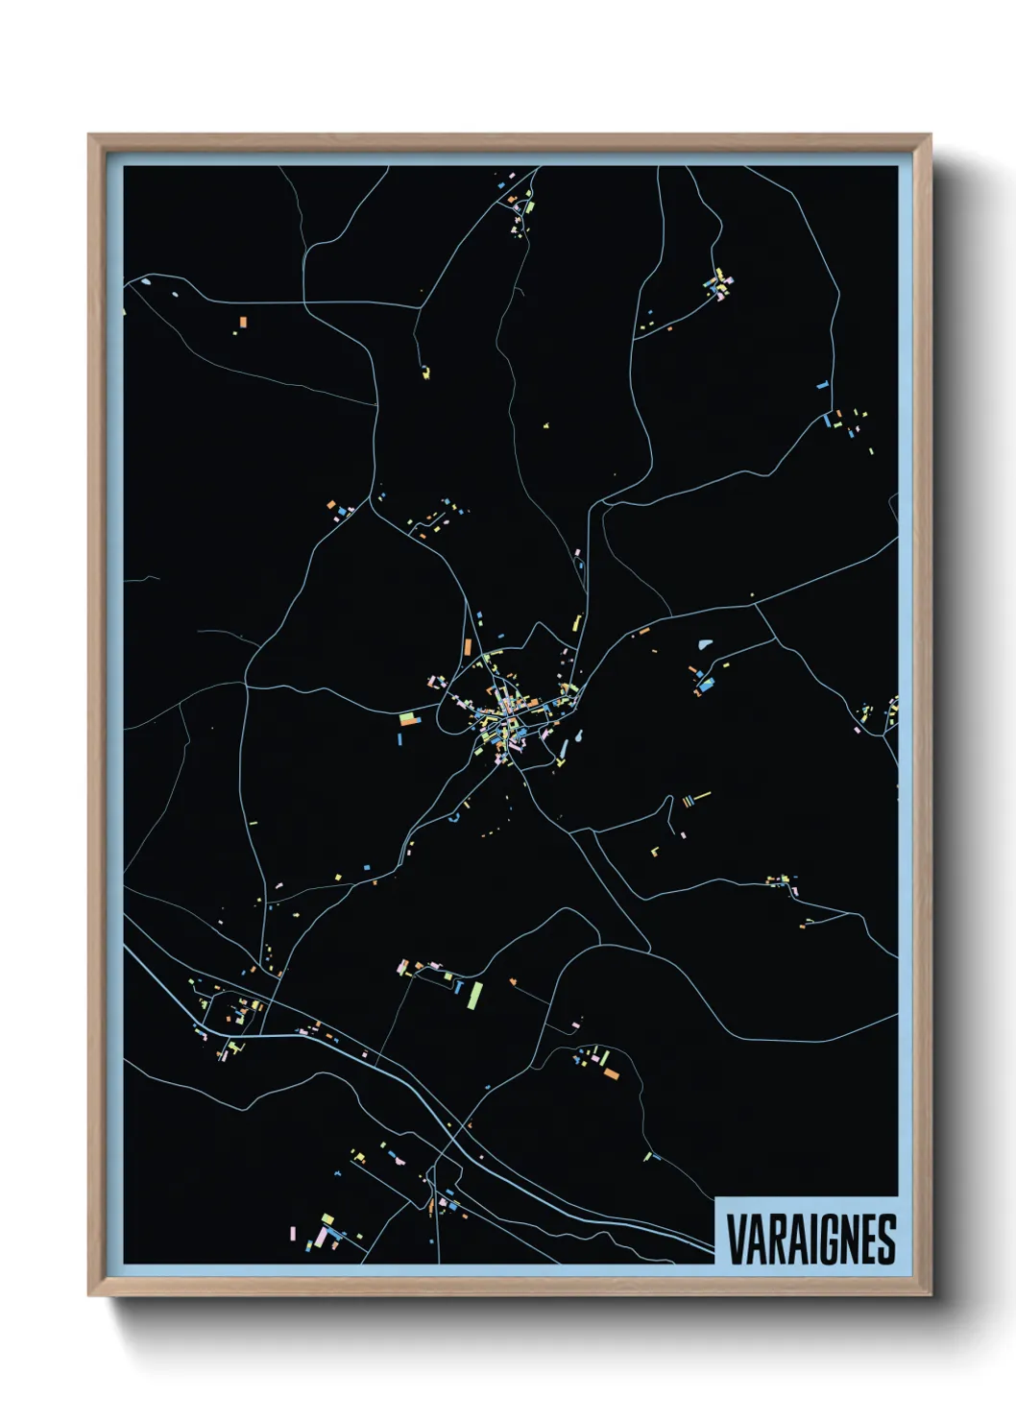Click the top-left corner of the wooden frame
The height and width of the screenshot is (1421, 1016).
[89, 135]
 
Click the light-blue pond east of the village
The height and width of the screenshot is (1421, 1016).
[707, 644]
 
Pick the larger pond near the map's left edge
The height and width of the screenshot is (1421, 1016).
[145, 281]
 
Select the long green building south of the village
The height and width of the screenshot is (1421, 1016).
[474, 995]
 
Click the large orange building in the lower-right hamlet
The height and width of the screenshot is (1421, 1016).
[611, 1072]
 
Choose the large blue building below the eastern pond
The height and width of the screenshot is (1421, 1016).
[708, 685]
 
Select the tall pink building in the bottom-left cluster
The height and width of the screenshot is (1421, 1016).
[291, 1231]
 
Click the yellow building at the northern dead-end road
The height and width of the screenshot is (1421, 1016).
[425, 372]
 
